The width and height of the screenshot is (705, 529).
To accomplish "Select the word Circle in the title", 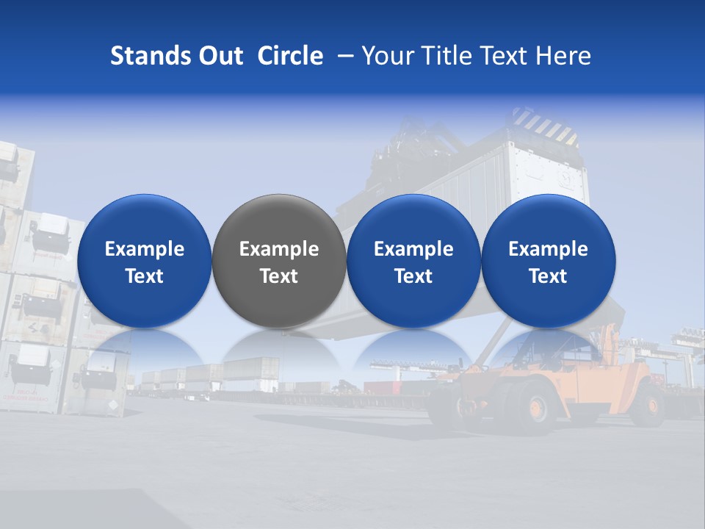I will (290, 57).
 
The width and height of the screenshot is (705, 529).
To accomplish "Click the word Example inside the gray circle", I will (279, 250).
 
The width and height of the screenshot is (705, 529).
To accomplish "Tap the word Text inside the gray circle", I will (279, 276).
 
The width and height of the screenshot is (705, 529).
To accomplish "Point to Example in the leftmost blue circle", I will (144, 250).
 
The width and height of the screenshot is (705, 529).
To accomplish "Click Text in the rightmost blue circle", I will (548, 276).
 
